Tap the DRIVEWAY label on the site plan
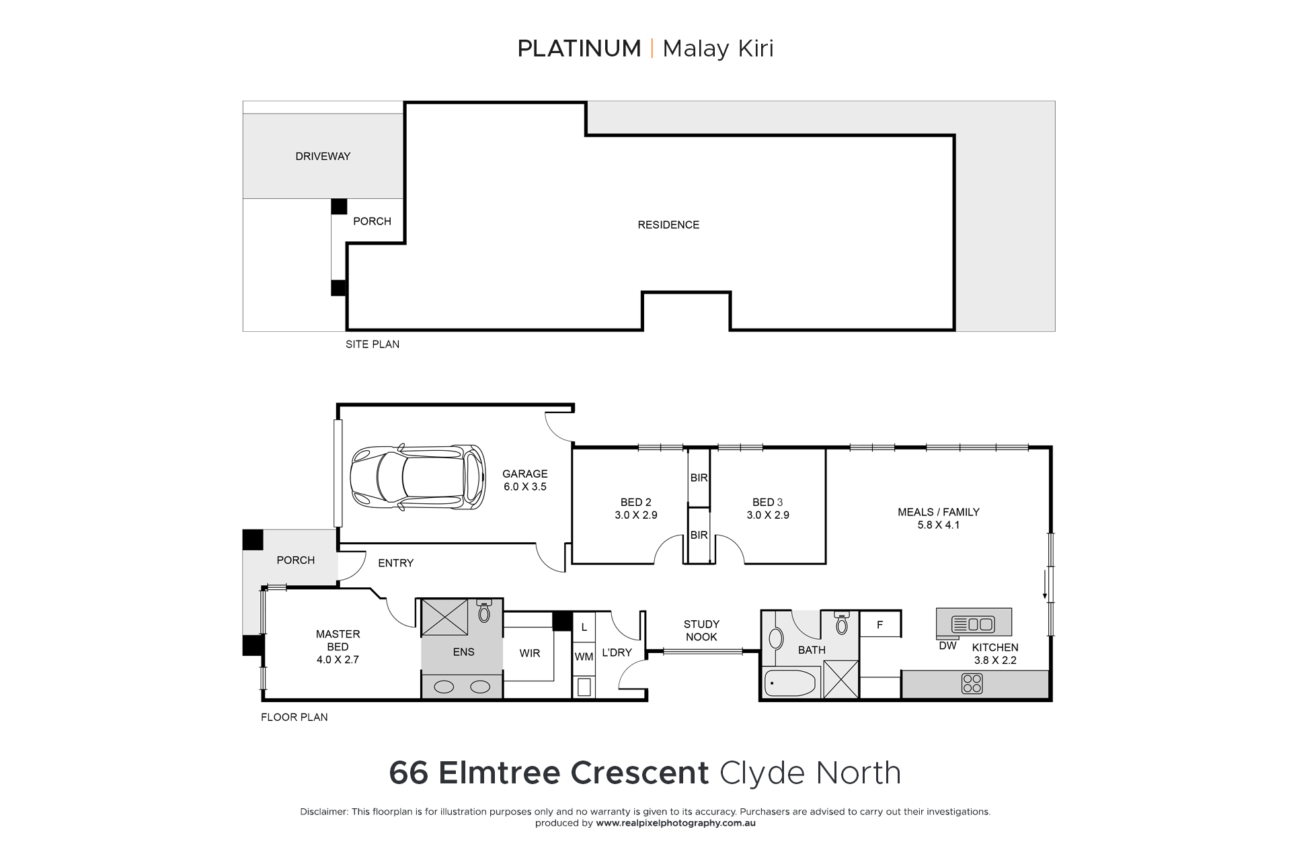tap(323, 157)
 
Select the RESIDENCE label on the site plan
tap(668, 225)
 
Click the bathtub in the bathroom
tap(790, 683)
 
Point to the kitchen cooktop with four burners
tap(972, 684)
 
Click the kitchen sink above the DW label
tap(974, 624)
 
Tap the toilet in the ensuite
tap(484, 610)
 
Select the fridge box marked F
tap(880, 625)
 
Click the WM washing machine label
tap(584, 656)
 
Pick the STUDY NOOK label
tap(701, 631)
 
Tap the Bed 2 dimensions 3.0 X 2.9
tap(636, 515)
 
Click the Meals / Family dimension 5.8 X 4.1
tap(939, 525)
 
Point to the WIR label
tap(530, 653)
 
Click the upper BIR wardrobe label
tap(699, 478)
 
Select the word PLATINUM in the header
tap(579, 48)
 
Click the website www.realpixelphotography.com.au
tap(676, 823)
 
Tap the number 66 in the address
tap(409, 773)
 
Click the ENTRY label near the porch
tap(395, 563)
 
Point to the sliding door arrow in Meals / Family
tap(1044, 584)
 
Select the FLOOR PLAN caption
tap(295, 718)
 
